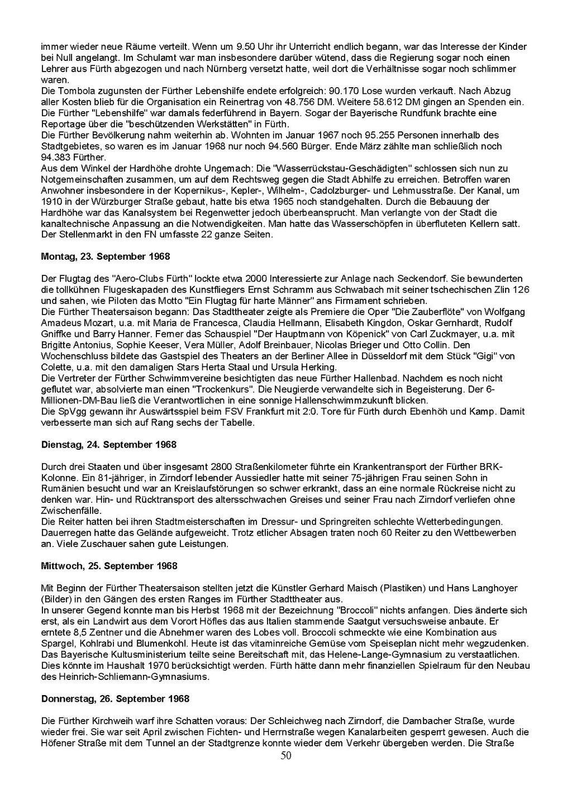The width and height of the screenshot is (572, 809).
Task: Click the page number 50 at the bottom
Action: pyautogui.click(x=286, y=756)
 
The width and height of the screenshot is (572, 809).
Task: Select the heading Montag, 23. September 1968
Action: pyautogui.click(x=106, y=256)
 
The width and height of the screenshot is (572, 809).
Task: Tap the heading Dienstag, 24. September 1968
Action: pyautogui.click(x=109, y=445)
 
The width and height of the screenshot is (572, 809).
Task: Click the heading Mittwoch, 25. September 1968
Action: pyautogui.click(x=109, y=566)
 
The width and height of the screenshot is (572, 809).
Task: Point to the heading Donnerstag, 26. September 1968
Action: pyautogui.click(x=115, y=699)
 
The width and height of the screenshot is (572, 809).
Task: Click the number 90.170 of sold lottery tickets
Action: pyautogui.click(x=344, y=91)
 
